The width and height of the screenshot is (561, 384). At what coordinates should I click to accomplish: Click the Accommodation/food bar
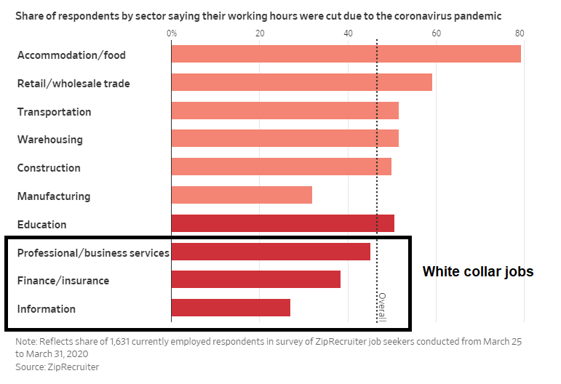point(346,55)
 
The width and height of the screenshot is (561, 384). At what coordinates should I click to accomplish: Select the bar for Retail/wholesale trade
point(301,82)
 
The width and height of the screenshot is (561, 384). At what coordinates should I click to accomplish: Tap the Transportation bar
point(285,111)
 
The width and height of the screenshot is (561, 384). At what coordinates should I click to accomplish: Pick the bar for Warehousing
point(285,138)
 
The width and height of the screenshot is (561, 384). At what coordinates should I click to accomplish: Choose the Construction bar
point(281,167)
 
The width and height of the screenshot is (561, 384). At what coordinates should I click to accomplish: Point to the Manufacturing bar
point(242,195)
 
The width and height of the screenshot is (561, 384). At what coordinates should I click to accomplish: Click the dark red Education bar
point(282,223)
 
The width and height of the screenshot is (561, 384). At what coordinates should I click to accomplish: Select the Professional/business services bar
point(271,252)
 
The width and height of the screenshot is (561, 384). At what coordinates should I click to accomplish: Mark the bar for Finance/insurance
point(255,279)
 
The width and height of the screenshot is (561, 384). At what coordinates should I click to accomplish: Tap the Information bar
point(231,308)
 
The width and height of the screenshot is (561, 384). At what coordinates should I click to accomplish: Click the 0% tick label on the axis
point(172,33)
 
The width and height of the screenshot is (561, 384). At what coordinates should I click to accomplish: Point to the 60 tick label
point(436,33)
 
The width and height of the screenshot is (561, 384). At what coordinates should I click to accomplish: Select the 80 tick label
point(520,33)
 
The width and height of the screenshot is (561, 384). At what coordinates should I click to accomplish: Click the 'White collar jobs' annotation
point(478,272)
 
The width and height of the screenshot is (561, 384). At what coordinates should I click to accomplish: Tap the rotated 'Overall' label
point(382,306)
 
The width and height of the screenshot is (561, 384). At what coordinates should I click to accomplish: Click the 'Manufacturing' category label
point(54,196)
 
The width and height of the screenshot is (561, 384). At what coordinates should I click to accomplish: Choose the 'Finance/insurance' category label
point(63,281)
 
